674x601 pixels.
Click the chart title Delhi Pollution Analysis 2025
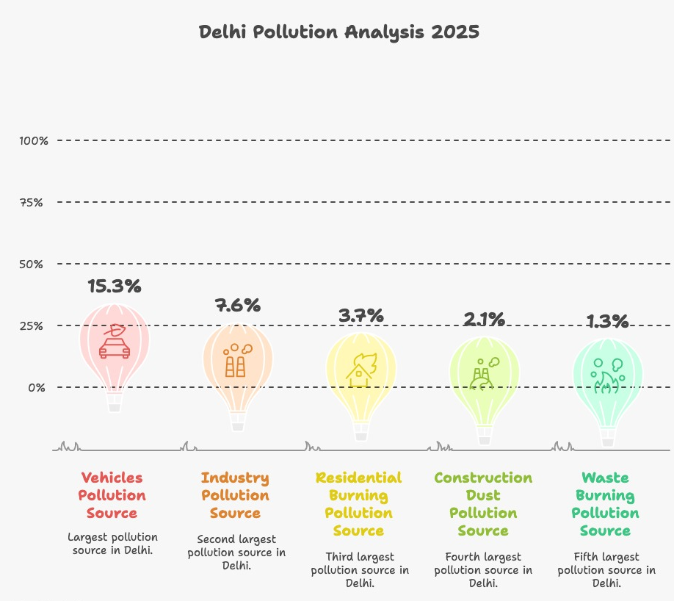click(339, 33)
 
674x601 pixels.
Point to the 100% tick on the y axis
click(34, 140)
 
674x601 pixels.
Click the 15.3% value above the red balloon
click(114, 287)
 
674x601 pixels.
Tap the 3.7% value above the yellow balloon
click(360, 316)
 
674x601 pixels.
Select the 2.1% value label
click(484, 319)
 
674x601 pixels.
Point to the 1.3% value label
click(607, 321)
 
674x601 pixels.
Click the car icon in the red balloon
click(115, 342)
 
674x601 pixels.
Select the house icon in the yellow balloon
click(360, 370)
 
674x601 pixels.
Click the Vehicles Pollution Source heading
click(112, 495)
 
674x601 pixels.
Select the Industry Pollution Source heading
click(235, 495)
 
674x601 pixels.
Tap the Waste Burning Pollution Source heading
click(605, 504)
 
